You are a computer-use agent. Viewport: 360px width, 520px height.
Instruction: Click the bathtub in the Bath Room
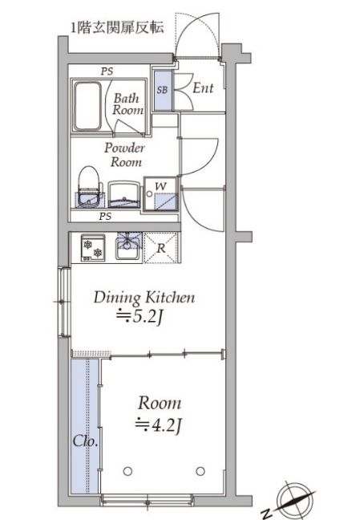click(87, 106)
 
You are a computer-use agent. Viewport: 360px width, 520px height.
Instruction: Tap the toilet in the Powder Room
click(88, 186)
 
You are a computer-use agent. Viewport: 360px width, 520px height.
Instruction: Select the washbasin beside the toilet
click(124, 195)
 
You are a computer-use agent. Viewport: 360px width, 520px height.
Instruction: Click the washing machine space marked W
click(161, 194)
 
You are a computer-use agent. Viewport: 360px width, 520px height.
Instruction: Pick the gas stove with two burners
click(93, 248)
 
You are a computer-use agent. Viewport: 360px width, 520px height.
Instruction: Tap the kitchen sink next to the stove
click(128, 247)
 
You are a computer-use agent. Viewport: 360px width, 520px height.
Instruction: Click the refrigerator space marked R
click(161, 248)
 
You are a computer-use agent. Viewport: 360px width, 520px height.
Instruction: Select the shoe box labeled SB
click(163, 90)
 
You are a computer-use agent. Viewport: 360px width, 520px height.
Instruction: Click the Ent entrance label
click(203, 88)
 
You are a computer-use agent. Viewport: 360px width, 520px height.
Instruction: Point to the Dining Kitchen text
click(144, 298)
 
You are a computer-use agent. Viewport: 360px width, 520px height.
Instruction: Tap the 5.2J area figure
click(140, 318)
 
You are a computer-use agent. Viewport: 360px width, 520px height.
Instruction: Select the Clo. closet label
click(85, 441)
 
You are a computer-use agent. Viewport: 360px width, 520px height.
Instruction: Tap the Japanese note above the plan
click(118, 28)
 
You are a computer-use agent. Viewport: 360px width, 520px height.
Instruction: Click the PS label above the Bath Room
click(107, 71)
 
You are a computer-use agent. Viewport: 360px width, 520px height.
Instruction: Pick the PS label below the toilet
click(105, 217)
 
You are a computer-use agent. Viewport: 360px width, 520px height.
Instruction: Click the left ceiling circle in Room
click(127, 471)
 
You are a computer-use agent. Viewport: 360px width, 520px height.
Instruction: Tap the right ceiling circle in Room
click(200, 471)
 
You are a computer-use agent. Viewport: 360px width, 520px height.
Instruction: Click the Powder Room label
click(125, 155)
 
